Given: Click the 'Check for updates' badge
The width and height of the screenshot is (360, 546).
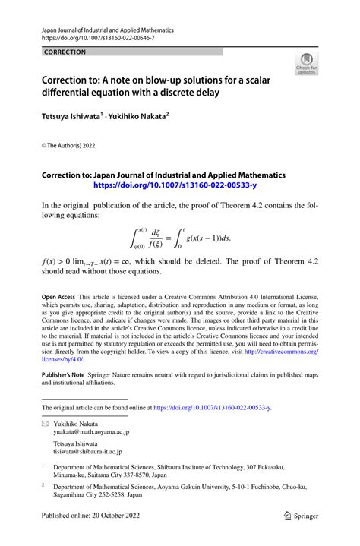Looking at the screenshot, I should [308, 64].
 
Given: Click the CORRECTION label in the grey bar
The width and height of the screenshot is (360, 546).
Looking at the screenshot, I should [65, 52].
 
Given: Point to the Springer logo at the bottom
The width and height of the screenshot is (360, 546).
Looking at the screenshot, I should [301, 534].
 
